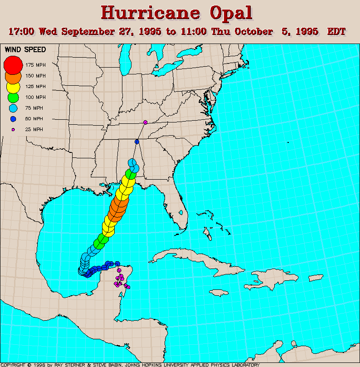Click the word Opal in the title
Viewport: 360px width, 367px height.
(x=225, y=13)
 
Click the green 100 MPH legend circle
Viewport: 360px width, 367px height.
(x=13, y=97)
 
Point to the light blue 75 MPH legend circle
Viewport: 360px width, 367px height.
(x=13, y=108)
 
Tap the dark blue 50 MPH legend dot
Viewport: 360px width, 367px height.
(x=13, y=119)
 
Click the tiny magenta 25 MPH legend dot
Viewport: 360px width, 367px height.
(x=13, y=130)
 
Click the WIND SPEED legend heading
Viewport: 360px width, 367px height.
(x=25, y=49)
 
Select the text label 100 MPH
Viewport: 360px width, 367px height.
(x=35, y=98)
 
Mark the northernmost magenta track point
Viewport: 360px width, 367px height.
(x=145, y=122)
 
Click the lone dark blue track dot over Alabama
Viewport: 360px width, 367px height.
(x=137, y=142)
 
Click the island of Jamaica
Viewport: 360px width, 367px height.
(x=218, y=293)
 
